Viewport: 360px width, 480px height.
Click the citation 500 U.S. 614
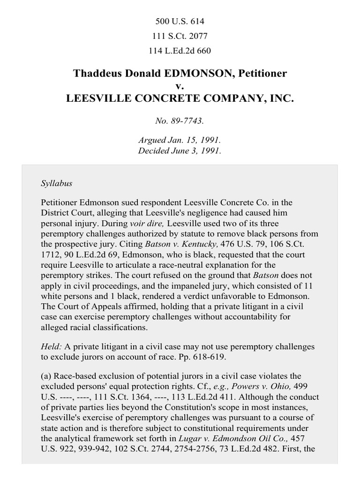pos(180,22)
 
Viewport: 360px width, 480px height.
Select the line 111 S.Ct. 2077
pos(180,36)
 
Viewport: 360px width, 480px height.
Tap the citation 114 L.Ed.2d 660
pos(180,51)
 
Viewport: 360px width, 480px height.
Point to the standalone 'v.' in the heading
pos(180,86)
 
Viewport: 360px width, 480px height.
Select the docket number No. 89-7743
pos(180,121)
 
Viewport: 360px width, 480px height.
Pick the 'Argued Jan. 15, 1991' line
pos(180,140)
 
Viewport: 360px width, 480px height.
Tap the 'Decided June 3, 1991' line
pos(180,151)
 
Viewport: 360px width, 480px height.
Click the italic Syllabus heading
pos(56,183)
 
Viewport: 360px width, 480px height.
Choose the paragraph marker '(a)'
pos(46,376)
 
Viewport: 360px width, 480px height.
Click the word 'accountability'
pos(262,316)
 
